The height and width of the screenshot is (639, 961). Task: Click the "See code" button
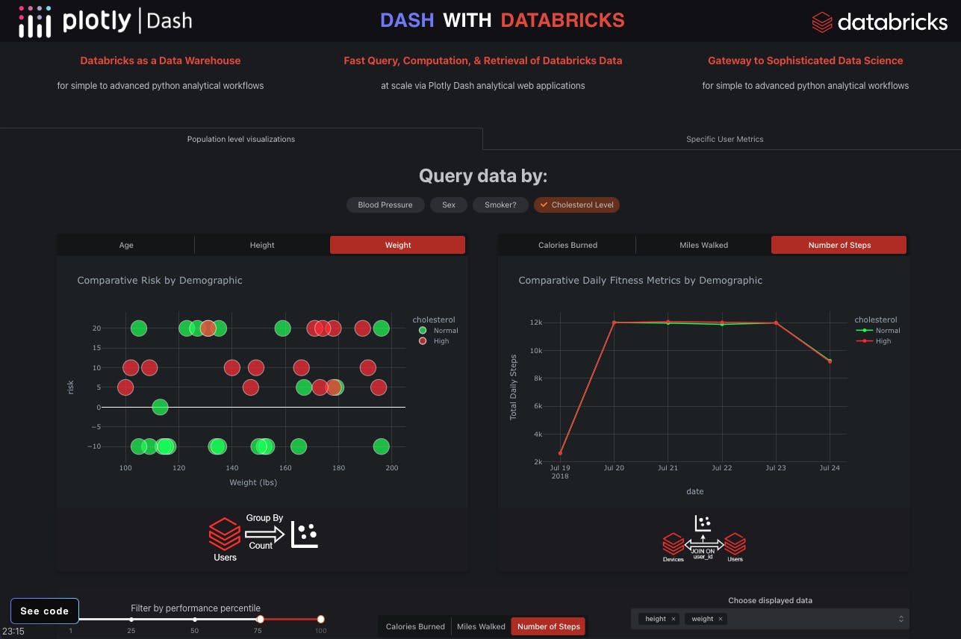pos(45,611)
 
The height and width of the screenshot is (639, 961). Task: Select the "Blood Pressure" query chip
pos(385,205)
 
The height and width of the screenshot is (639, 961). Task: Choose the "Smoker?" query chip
pos(500,205)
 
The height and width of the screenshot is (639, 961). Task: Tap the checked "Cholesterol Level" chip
pos(576,205)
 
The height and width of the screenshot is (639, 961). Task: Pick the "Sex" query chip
pos(449,205)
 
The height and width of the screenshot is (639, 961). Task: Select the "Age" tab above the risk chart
pos(126,245)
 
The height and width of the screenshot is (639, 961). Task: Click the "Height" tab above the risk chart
pos(262,245)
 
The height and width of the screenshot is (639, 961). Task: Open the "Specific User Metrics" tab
pos(724,139)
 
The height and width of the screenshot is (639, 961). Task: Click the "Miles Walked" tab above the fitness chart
pos(703,245)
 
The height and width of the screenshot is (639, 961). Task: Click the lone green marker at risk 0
pos(160,407)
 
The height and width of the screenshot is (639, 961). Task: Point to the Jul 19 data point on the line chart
pos(560,453)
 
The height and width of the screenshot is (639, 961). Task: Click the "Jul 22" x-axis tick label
pos(721,468)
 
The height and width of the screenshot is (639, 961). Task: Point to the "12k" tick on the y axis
pos(535,322)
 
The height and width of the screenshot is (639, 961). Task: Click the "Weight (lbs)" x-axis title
pos(253,482)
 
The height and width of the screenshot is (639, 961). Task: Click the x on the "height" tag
pos(674,619)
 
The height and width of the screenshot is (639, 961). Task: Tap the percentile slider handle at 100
pos(321,619)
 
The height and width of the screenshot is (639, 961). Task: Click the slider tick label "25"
pos(131,631)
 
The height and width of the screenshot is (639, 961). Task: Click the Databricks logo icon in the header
pos(822,22)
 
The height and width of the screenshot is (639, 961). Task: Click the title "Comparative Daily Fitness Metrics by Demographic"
pos(640,281)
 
